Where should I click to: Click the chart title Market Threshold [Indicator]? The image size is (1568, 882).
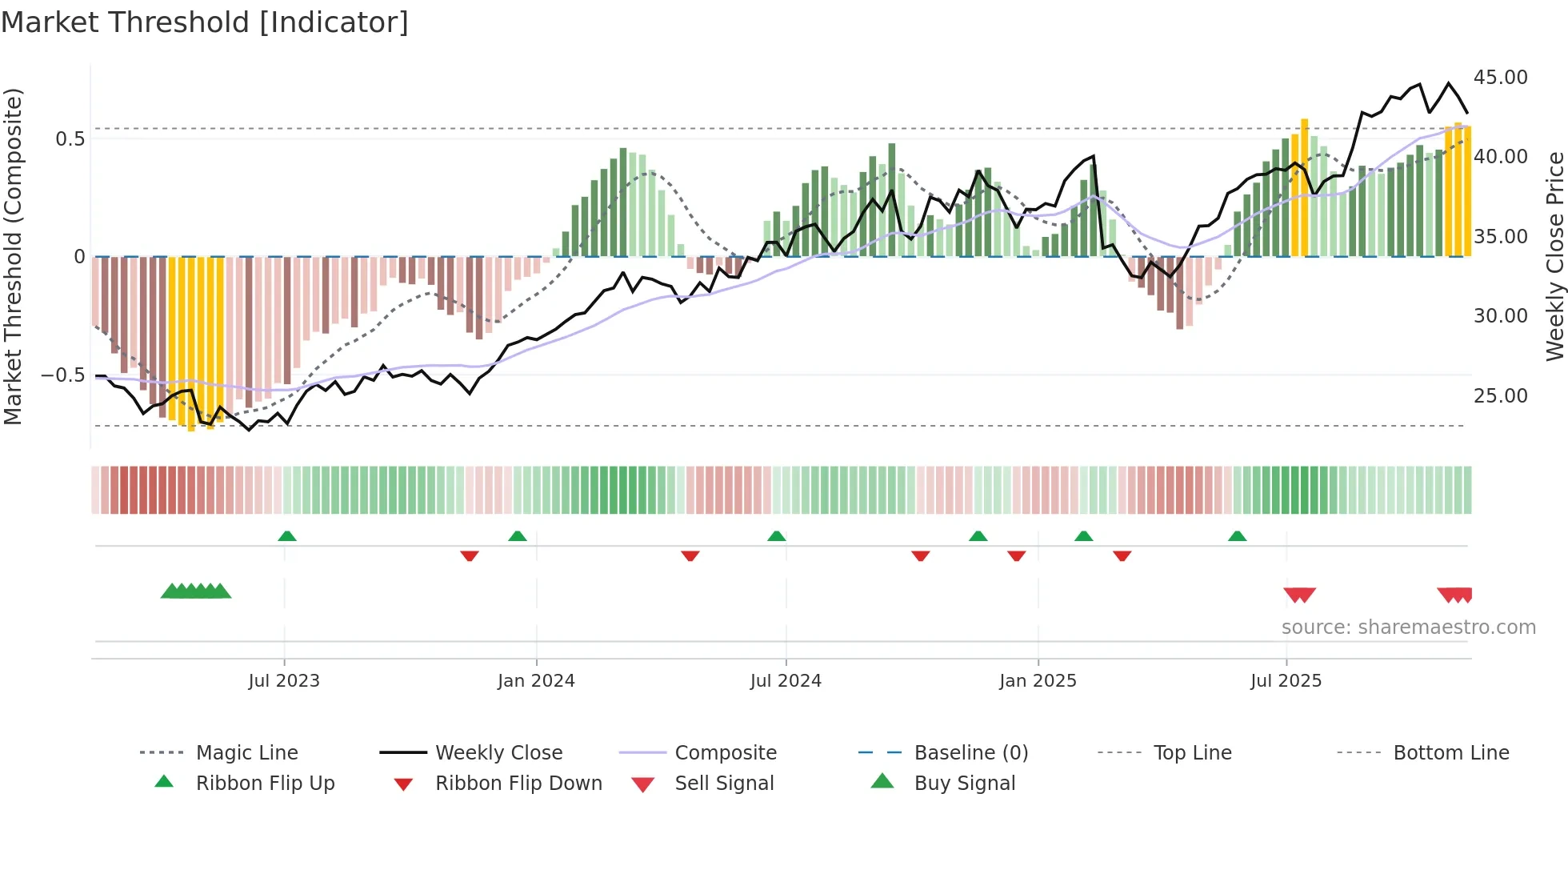click(x=205, y=22)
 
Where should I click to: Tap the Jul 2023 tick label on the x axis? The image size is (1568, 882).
click(x=283, y=681)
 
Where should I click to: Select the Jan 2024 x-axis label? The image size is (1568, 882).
click(x=536, y=681)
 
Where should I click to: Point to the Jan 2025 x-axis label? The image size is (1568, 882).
click(x=1038, y=681)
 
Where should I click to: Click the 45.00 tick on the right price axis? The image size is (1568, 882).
click(x=1500, y=78)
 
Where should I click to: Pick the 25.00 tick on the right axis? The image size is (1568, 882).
click(x=1500, y=396)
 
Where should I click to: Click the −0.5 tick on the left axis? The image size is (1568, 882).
click(x=63, y=375)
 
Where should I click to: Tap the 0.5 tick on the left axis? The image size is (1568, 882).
click(x=70, y=139)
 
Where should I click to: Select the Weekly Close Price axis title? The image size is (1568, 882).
click(x=1554, y=256)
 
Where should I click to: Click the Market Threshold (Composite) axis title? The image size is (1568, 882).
click(x=13, y=256)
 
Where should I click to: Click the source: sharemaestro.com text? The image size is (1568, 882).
click(x=1408, y=627)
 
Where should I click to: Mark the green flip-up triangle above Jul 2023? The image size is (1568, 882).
click(x=287, y=536)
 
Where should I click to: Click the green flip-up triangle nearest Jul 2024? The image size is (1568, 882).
click(x=776, y=536)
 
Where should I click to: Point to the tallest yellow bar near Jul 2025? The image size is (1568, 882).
click(x=1304, y=188)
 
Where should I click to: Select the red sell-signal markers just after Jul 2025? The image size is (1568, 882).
click(x=1299, y=595)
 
